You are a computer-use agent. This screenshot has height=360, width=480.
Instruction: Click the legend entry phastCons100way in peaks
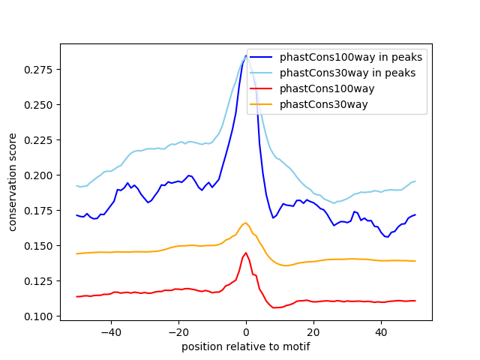pyautogui.click(x=351, y=57)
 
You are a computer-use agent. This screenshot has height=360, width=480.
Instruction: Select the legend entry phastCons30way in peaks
pyautogui.click(x=348, y=73)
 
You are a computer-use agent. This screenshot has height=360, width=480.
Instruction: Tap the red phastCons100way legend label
pyautogui.click(x=327, y=88)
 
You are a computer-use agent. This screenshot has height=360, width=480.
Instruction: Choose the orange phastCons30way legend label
pyautogui.click(x=324, y=104)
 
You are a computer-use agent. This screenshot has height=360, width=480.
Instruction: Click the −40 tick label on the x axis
pyautogui.click(x=111, y=331)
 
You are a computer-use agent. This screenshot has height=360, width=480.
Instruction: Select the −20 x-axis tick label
pyautogui.click(x=178, y=331)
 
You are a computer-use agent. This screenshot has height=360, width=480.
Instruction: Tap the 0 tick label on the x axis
pyautogui.click(x=246, y=331)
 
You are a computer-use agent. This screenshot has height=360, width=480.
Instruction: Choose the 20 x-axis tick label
pyautogui.click(x=313, y=331)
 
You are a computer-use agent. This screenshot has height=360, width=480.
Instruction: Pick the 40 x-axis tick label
pyautogui.click(x=381, y=331)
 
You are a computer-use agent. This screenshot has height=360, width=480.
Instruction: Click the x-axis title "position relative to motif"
pyautogui.click(x=246, y=346)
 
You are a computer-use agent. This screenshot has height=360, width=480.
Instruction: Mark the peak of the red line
pyautogui.click(x=246, y=253)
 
